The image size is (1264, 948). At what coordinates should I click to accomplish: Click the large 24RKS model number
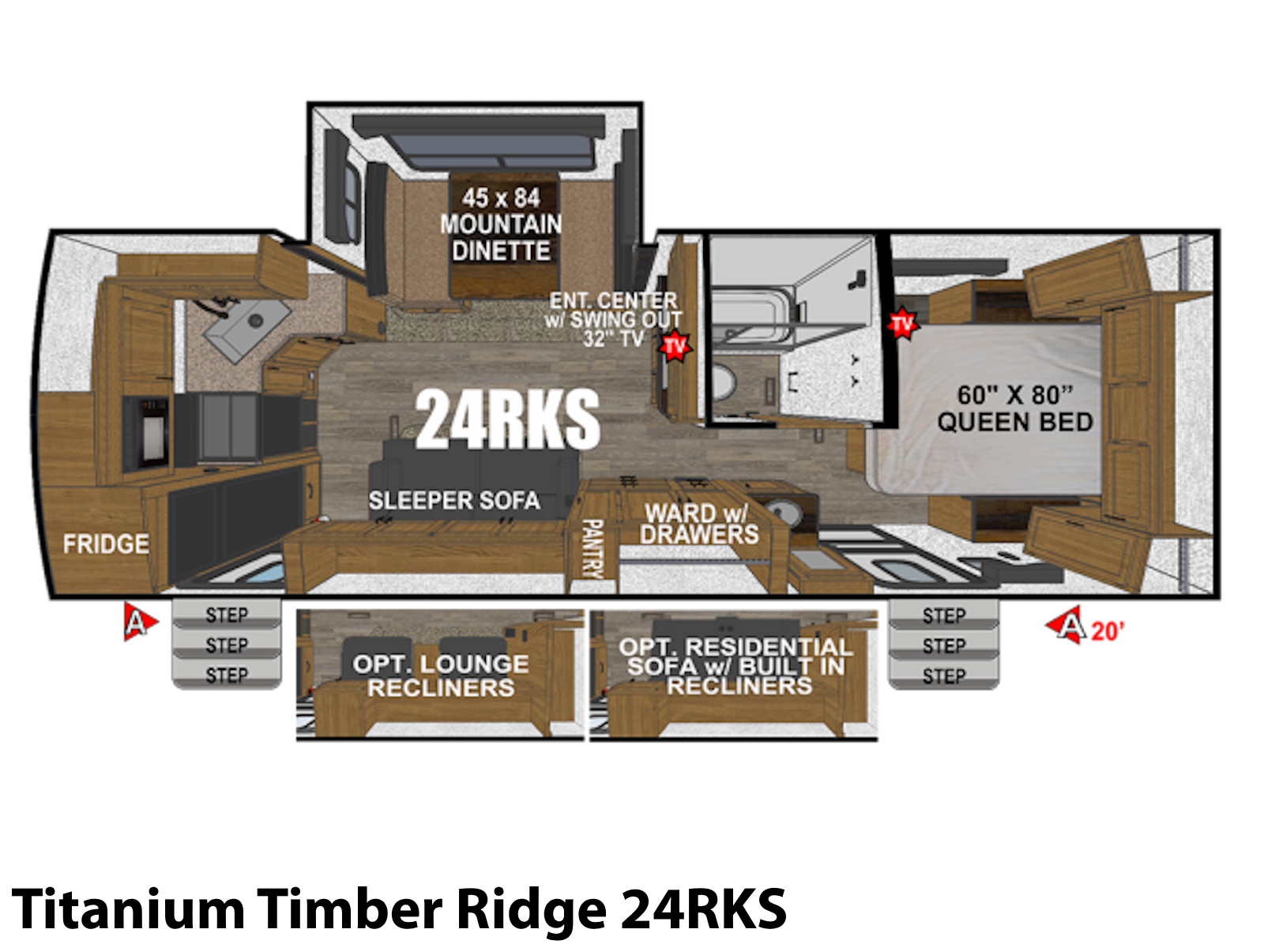(x=507, y=419)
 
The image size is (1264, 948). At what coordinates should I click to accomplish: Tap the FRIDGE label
(x=106, y=544)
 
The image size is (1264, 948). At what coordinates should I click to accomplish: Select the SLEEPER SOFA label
(x=454, y=500)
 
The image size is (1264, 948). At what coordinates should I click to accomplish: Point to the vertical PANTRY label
(x=593, y=548)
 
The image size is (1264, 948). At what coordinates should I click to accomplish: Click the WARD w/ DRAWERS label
(x=699, y=524)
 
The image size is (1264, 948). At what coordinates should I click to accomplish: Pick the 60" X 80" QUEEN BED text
(x=1015, y=408)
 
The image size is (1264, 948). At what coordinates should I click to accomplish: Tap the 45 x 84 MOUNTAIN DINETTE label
(x=501, y=224)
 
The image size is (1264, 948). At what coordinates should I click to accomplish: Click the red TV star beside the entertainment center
(x=675, y=346)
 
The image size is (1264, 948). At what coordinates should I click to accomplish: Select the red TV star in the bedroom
(x=902, y=323)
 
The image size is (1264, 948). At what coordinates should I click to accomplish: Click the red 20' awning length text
(x=1108, y=632)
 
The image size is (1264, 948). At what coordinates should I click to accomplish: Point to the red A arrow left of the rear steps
(x=139, y=622)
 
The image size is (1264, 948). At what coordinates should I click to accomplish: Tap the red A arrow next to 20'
(x=1066, y=625)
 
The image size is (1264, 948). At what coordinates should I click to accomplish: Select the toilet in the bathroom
(x=724, y=382)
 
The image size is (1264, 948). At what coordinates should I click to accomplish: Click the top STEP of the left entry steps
(x=227, y=614)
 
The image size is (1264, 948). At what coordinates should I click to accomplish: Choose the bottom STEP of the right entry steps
(x=944, y=675)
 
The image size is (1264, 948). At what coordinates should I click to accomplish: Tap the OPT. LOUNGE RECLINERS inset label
(x=441, y=675)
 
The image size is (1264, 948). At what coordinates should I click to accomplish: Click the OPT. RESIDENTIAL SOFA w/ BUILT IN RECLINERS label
(x=736, y=667)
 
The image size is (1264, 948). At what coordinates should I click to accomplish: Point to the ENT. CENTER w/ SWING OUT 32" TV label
(x=613, y=319)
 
